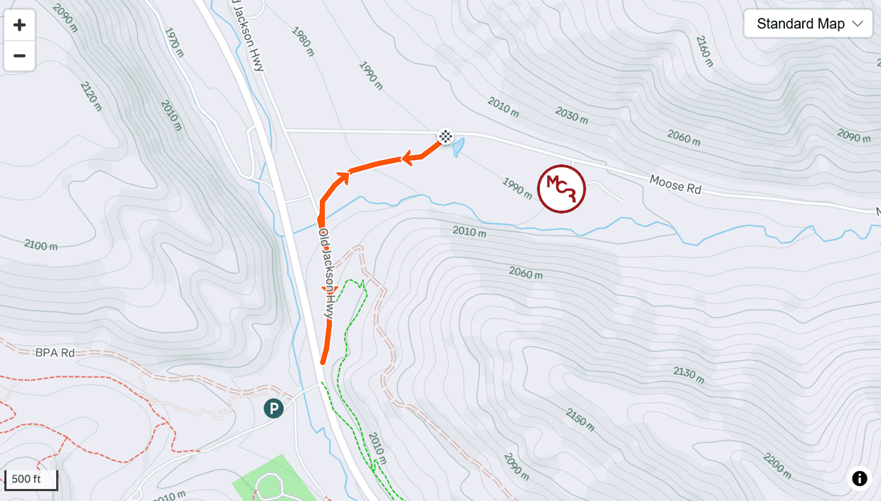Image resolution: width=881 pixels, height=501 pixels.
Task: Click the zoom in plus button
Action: [x=19, y=26]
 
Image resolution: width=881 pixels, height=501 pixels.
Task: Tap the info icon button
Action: [x=860, y=478]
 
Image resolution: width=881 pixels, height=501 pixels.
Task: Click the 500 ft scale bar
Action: [x=30, y=479]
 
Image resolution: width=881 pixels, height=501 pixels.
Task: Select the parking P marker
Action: [x=273, y=408]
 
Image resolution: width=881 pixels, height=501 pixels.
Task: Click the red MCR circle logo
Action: [x=561, y=189]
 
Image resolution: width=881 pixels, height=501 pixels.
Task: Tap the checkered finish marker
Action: [x=445, y=137]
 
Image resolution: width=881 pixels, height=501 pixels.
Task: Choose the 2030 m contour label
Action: [x=571, y=116]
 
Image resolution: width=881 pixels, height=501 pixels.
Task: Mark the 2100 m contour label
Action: [x=41, y=246]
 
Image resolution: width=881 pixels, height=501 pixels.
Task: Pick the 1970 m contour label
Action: [x=174, y=43]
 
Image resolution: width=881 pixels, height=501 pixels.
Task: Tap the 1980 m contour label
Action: [x=302, y=41]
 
